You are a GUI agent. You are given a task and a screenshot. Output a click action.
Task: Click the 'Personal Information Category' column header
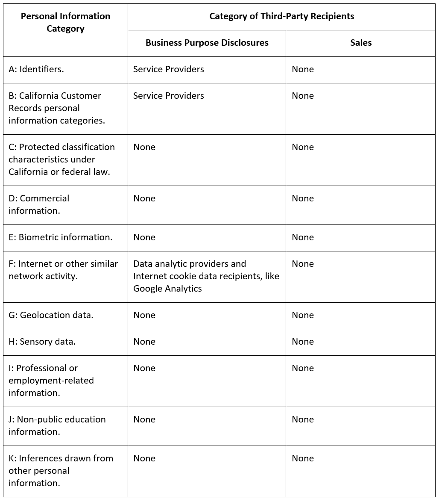[x=65, y=23]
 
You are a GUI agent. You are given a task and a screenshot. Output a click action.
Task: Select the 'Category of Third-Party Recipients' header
[x=281, y=16]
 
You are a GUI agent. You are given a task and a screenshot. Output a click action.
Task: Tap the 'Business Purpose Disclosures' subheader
[x=207, y=43]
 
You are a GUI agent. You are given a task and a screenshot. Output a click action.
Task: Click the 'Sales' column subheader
[x=361, y=43]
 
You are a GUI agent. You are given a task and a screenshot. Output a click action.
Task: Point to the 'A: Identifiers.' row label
[x=36, y=69]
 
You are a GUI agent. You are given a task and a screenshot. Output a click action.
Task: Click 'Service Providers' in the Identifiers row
[x=169, y=69]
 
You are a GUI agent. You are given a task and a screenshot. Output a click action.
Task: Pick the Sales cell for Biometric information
[x=303, y=237]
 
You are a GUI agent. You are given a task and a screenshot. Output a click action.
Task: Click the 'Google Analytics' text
[x=167, y=289]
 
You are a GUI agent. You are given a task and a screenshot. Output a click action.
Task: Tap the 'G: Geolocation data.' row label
[x=51, y=315]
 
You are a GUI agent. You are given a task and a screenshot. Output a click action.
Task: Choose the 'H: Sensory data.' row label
[x=42, y=342]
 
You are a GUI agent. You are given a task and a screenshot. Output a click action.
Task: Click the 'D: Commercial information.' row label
[x=39, y=204]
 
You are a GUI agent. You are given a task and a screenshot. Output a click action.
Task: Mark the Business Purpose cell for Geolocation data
[x=144, y=315]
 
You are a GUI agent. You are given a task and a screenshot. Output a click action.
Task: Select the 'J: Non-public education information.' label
[x=57, y=425]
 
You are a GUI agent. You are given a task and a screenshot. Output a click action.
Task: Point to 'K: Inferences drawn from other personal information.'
[x=61, y=470]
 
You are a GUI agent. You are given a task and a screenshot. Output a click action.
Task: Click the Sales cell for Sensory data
[x=303, y=342]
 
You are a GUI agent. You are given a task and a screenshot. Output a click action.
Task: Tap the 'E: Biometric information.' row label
[x=60, y=237]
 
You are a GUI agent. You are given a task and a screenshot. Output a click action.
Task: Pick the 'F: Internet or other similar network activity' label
[x=63, y=270]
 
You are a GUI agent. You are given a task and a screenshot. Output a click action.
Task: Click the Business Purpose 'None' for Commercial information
[x=144, y=198]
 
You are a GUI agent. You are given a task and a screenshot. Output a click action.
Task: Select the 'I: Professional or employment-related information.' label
[x=51, y=380]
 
